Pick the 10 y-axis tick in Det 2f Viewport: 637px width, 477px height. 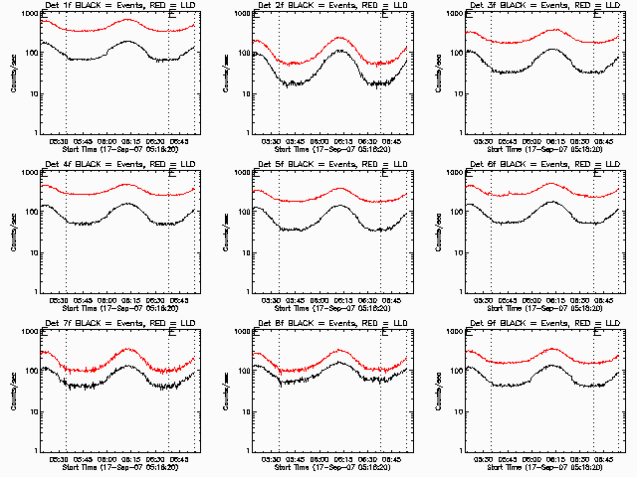(x=246, y=93)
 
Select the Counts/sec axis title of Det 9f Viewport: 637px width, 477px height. (x=438, y=392)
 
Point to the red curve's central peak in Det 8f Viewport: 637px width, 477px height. (x=338, y=350)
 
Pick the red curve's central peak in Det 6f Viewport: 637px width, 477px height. (x=553, y=184)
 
